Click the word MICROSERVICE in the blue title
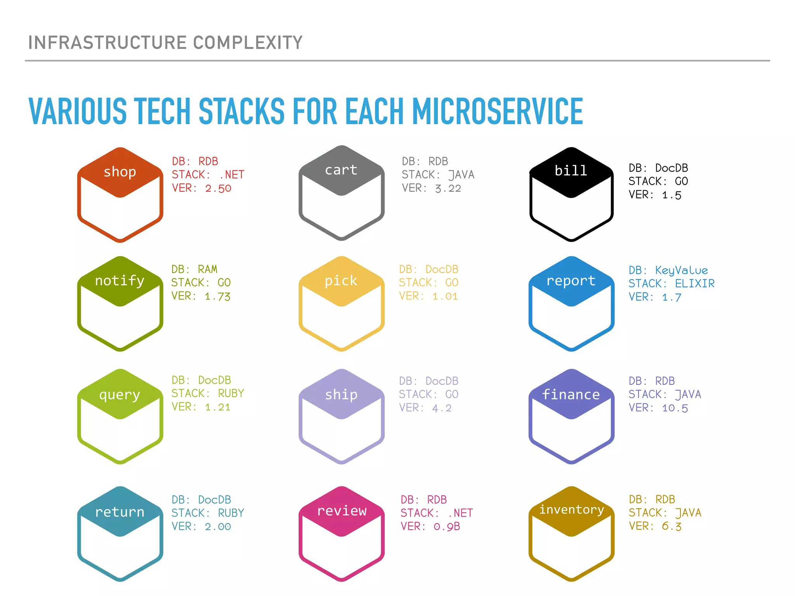pos(497,111)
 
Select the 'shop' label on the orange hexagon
pos(120,172)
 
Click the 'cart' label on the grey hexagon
pos(341,170)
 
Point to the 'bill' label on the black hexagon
pos(571,171)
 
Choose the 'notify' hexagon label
pos(120,281)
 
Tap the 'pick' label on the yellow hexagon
pos(341,281)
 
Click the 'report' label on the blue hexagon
pos(571,281)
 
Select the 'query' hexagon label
pos(120,395)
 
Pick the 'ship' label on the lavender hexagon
pos(341,395)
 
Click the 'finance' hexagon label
pos(571,395)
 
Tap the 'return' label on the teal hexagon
pos(120,512)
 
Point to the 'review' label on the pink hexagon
pos(342,511)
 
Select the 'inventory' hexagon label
pos(571,509)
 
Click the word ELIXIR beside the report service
pos(694,284)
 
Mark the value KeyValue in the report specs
pos(681,270)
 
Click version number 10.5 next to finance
pos(675,408)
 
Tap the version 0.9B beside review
pos(446,527)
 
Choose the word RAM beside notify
pos(207,269)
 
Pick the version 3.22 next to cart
pos(448,189)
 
